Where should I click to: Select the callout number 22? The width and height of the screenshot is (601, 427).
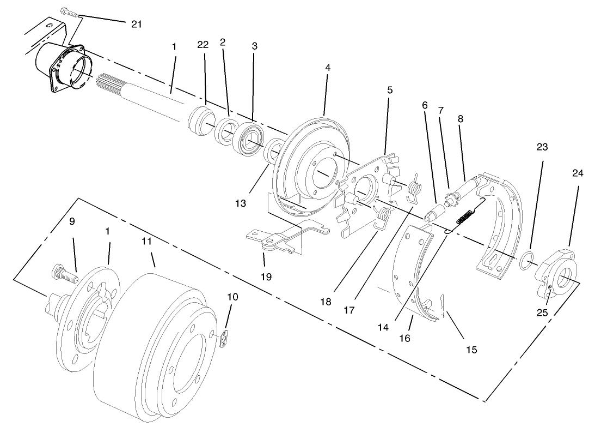pos(203,45)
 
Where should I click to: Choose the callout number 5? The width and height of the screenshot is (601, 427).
pos(389,89)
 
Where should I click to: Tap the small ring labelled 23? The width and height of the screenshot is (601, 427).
pos(525,261)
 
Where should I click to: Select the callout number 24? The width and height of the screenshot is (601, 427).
pos(577,173)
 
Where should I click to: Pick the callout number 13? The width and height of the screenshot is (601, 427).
pos(241,203)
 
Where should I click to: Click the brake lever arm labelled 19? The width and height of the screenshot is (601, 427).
pos(272,238)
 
